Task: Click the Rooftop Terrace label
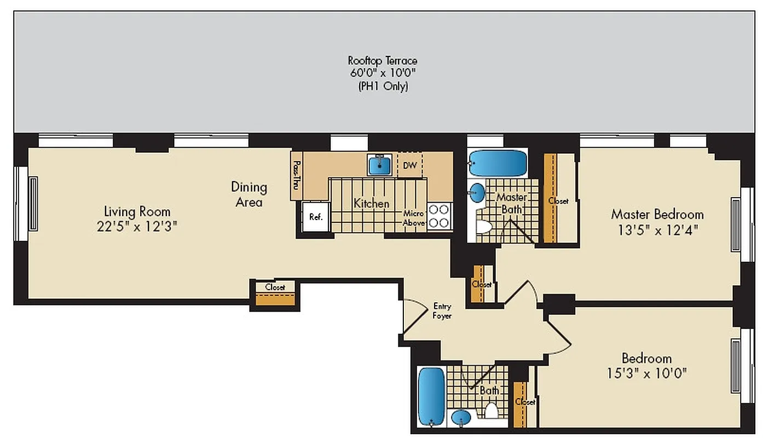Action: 382,61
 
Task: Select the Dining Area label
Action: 249,194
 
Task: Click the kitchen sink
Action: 380,164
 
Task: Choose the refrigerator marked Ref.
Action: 316,217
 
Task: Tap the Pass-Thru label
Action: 297,174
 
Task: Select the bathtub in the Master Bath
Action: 498,163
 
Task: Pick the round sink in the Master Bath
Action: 477,192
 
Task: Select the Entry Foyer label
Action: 442,311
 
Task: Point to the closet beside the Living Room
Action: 275,293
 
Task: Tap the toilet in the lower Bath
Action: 491,412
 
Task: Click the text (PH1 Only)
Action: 382,86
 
